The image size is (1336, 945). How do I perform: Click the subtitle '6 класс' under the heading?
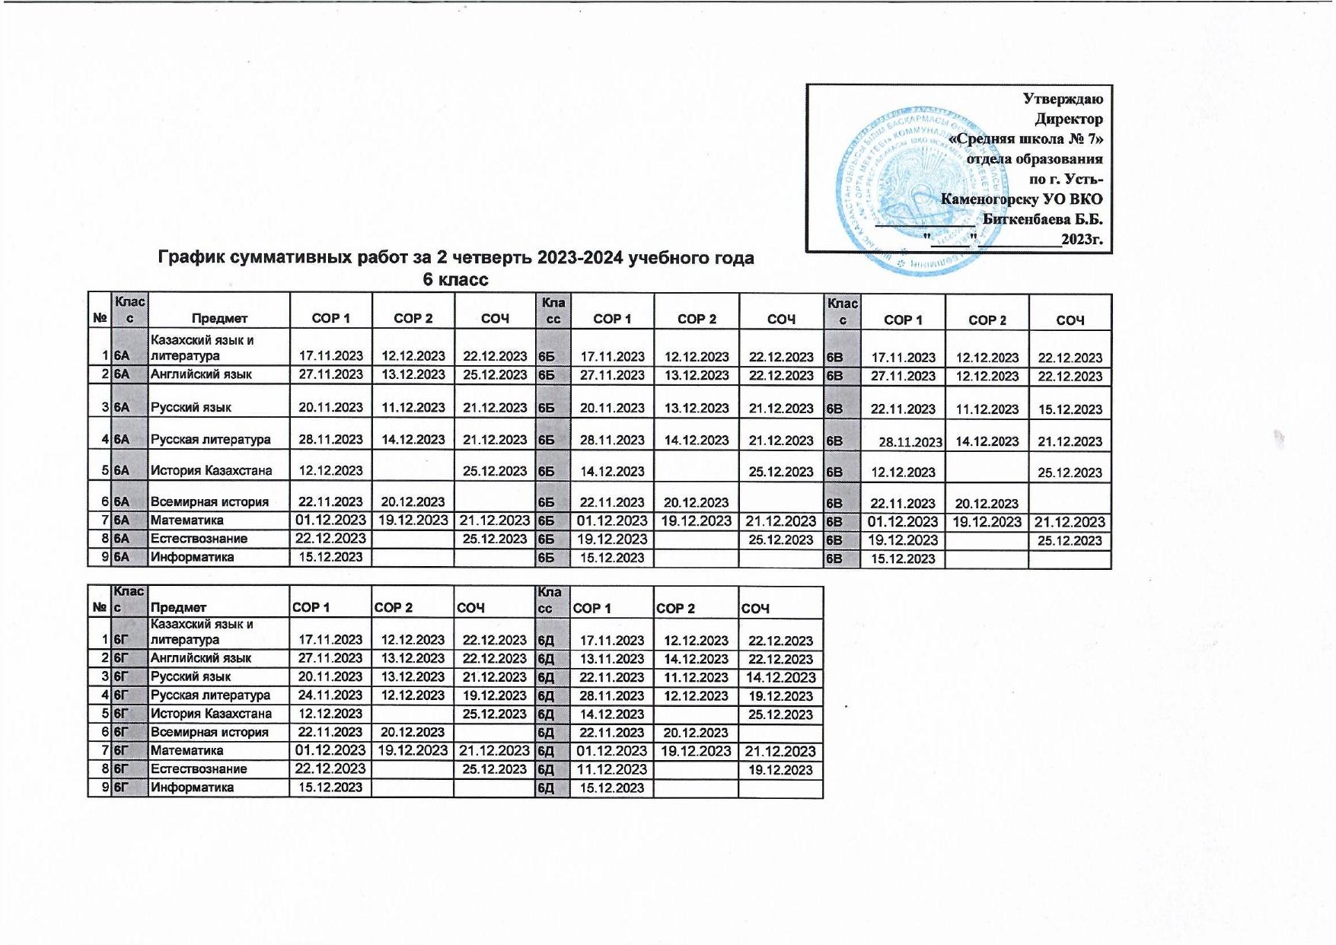(455, 279)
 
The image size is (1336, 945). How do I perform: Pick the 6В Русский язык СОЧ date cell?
(1070, 409)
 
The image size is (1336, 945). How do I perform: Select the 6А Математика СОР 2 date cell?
(413, 520)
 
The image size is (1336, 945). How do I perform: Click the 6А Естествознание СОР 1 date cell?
(330, 539)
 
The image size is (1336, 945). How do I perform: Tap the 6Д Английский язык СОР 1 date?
(612, 659)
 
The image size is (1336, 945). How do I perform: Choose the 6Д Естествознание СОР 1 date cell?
(612, 769)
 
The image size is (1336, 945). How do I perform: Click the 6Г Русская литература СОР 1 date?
(330, 695)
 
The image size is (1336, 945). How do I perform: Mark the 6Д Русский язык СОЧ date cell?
(780, 677)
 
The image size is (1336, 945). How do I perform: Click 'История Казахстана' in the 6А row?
(211, 471)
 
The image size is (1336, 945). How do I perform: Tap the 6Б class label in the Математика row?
(547, 521)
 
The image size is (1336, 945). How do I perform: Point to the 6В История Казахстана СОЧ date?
(1070, 473)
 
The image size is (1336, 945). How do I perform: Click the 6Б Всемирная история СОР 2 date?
(697, 502)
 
